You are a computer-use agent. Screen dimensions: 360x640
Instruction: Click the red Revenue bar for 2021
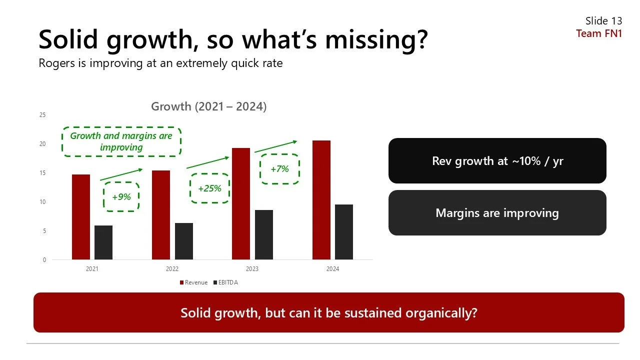81,217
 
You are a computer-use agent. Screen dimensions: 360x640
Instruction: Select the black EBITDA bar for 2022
184,241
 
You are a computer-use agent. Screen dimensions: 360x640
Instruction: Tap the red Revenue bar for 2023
241,203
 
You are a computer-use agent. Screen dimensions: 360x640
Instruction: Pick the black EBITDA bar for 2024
344,232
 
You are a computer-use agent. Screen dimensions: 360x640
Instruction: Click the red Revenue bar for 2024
321,200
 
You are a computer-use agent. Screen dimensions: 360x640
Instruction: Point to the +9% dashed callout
121,196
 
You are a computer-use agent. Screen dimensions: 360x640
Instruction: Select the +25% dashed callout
209,188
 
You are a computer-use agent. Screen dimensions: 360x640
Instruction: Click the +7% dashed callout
279,169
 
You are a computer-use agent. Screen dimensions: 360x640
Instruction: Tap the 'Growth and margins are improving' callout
121,141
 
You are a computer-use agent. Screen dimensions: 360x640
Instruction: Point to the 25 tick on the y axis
42,115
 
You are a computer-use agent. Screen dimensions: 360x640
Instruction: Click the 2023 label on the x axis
252,269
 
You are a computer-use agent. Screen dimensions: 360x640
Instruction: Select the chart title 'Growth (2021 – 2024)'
209,106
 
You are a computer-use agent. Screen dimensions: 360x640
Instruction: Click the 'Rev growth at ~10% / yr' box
497,161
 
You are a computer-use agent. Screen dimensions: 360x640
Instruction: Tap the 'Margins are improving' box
497,213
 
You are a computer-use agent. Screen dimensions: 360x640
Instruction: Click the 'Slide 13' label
603,21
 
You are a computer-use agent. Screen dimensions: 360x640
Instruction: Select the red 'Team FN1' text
599,33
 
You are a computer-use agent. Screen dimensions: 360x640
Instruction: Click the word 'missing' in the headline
369,39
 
